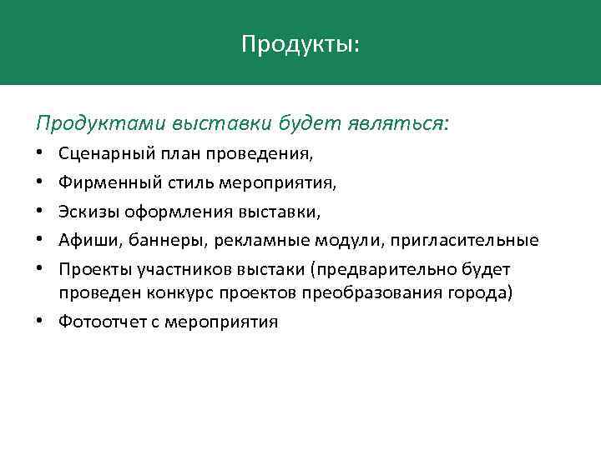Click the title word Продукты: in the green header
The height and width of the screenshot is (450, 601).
coord(300,43)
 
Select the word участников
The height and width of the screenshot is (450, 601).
coord(184,270)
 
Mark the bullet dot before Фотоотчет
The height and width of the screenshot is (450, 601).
coord(40,321)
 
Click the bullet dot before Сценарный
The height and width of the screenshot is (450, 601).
coord(40,154)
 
